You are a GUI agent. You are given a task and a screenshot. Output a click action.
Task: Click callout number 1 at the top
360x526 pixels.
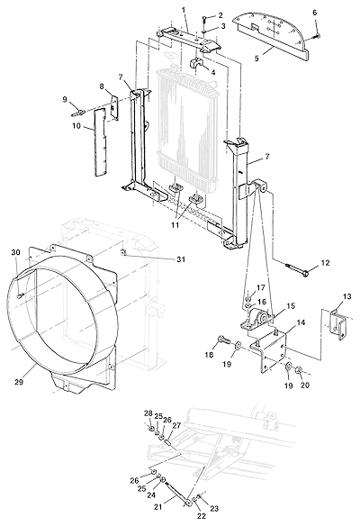tap(184, 10)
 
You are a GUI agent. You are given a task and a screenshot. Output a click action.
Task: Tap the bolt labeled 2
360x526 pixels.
tap(204, 20)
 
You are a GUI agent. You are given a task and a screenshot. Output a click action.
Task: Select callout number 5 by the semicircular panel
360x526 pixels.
tap(256, 58)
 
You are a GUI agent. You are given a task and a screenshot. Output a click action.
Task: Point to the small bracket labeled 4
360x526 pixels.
tap(197, 64)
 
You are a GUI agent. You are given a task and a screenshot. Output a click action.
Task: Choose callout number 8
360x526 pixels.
tap(102, 86)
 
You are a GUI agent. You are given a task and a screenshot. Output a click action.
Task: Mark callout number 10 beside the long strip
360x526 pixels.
tap(76, 125)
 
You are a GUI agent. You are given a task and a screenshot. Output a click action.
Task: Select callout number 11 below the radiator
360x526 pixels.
tap(175, 225)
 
